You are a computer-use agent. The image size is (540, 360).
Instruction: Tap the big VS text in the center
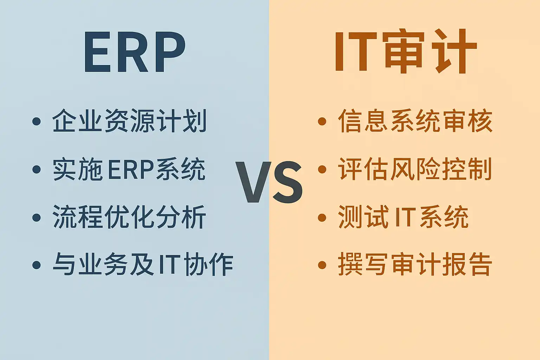269,182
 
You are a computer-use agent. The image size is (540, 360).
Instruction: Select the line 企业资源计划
129,121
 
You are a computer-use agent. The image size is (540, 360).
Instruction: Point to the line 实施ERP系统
129,169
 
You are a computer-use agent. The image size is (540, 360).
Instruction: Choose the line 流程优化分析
129,217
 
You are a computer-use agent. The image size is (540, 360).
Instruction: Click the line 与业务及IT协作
143,264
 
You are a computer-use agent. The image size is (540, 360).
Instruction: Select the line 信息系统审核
415,121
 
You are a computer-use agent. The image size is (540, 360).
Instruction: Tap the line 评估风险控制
415,169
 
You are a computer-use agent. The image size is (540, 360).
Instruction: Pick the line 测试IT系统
403,217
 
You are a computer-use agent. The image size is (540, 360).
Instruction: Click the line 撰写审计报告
415,264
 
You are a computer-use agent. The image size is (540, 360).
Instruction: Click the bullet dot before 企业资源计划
37,121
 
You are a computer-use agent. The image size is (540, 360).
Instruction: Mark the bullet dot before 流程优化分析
37,218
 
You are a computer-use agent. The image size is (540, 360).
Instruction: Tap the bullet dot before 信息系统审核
322,121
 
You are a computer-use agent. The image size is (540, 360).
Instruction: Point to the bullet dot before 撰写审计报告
322,265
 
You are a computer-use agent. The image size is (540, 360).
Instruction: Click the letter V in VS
253,182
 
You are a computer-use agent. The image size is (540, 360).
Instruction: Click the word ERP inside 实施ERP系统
131,169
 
